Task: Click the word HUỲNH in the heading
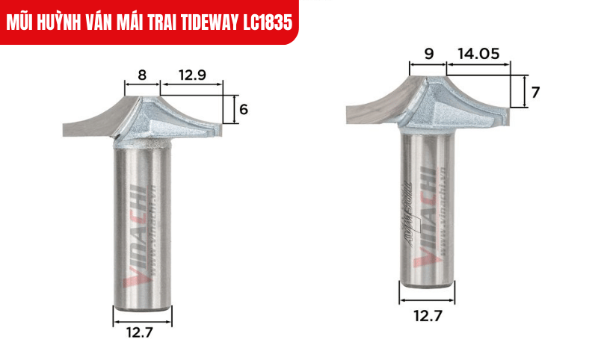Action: coord(69,22)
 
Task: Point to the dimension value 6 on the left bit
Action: coord(244,109)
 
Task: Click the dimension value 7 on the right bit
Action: coord(535,92)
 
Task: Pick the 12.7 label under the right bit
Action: coord(428,316)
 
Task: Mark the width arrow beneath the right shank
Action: coord(428,300)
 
